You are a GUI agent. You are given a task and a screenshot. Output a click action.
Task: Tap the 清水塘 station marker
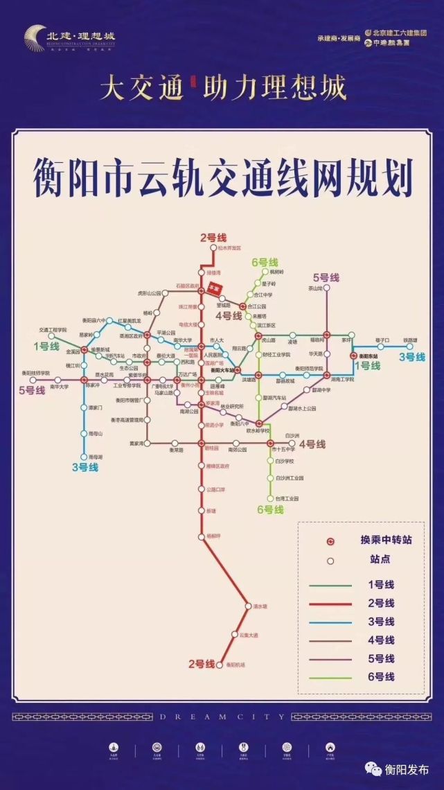point(247,606)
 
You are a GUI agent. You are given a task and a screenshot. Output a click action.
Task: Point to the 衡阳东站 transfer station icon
point(353,355)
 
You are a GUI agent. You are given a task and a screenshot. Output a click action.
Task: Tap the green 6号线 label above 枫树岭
point(265,262)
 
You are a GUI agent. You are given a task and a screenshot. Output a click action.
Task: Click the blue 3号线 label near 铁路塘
point(411,357)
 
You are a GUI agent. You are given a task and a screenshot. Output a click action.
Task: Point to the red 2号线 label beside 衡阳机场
point(202,664)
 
